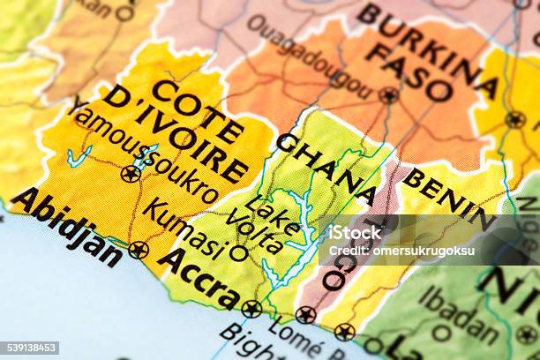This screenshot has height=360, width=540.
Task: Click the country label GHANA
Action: pos(326,168)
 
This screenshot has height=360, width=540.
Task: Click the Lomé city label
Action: pos(292,339)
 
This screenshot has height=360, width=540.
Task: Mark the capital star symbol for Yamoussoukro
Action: pos(131,174)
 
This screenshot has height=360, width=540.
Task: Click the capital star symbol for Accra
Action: pos(251,309)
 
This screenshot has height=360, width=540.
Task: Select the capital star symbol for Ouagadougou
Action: pos(389,94)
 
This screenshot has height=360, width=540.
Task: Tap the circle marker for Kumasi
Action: pos(238,253)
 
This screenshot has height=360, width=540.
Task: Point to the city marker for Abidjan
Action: pos(139,251)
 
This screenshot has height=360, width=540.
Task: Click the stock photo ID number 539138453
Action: pos(31,348)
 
